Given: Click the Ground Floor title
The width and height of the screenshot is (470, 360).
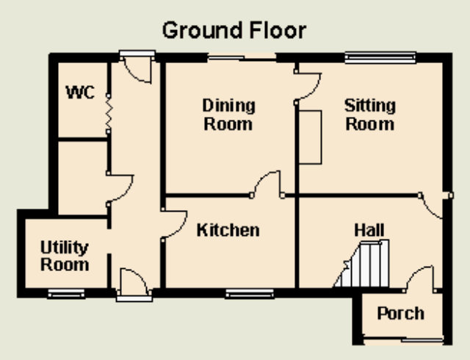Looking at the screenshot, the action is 234,31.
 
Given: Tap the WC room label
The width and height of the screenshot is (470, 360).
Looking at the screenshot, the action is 80,92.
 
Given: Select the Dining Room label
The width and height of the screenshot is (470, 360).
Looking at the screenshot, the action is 228,115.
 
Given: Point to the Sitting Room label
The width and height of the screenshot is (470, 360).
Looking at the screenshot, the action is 370,115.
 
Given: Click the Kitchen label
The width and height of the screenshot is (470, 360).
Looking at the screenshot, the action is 228,231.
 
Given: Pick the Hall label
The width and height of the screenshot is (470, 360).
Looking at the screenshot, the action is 369,231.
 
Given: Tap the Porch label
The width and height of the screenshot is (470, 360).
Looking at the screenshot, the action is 401,314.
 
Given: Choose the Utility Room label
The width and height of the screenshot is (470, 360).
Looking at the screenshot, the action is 65,256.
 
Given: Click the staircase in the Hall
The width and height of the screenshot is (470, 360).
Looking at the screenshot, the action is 362,264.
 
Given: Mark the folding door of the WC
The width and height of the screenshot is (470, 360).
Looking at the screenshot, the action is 109,114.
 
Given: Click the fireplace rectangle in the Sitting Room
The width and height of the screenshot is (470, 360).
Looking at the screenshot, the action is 310,137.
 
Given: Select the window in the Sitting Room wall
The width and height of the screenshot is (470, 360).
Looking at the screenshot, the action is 380,57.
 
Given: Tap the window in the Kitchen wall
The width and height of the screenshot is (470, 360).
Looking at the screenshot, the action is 250,293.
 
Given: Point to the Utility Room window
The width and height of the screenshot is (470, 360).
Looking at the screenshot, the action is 66,294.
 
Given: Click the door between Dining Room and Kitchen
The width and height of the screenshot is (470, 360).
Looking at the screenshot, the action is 267,184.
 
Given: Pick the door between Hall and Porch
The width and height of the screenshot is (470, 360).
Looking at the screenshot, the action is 419,278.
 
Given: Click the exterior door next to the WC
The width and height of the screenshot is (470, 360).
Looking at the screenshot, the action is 137,67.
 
